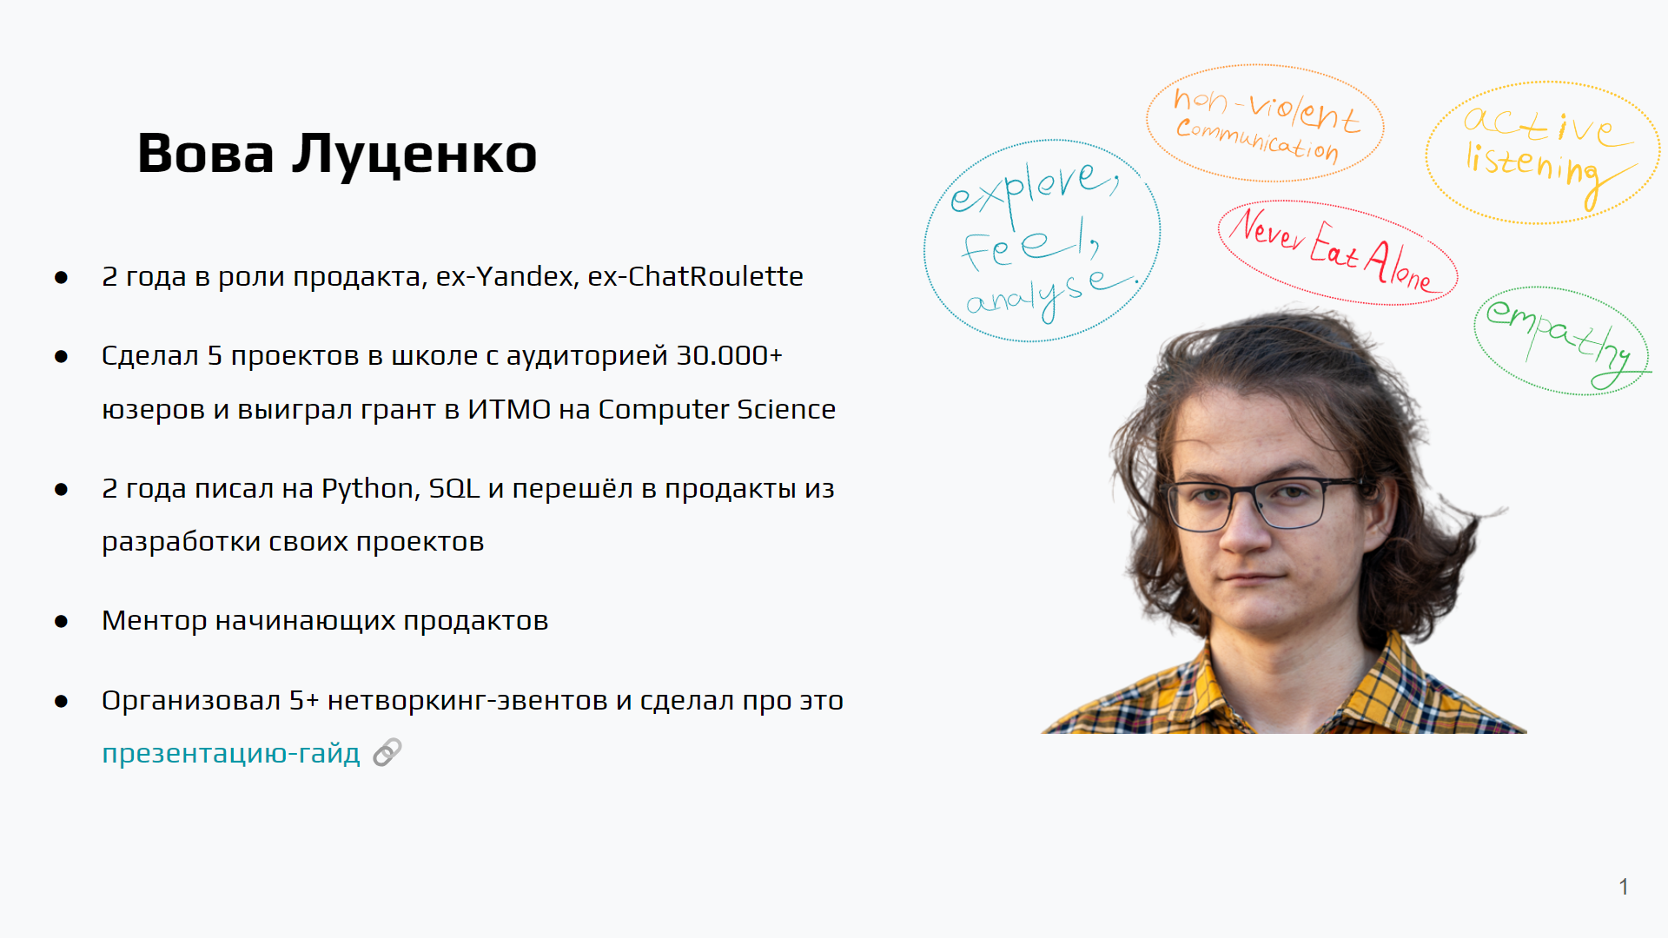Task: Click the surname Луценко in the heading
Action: point(414,154)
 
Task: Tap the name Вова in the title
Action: point(206,153)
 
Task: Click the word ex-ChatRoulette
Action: point(695,276)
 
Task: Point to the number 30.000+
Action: point(730,355)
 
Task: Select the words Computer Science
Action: point(717,409)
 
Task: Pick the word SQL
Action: point(453,488)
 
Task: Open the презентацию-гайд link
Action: point(231,753)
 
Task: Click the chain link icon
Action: point(387,752)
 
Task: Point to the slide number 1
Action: point(1624,887)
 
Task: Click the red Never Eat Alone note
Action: point(1337,251)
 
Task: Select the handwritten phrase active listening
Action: point(1543,153)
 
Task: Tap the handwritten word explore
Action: point(1034,188)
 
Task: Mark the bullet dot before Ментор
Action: point(61,621)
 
